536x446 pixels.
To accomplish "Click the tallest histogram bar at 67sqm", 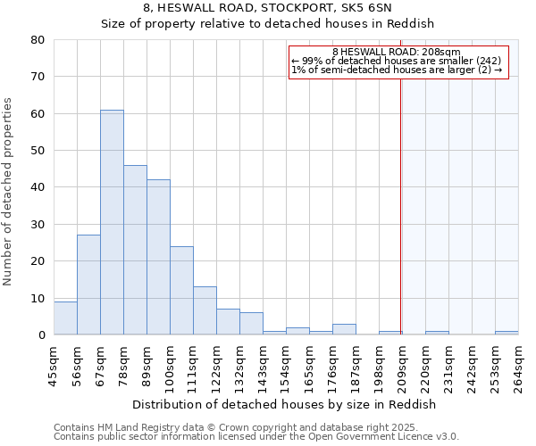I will [x=112, y=222].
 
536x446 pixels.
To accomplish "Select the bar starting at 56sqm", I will [x=88, y=285].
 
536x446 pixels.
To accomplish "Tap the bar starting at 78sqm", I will [x=135, y=250].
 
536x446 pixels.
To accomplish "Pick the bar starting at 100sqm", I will [x=181, y=290].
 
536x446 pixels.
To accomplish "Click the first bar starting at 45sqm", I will [x=65, y=318].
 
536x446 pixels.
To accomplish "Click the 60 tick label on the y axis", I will [x=38, y=114].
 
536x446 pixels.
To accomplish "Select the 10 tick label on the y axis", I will [x=38, y=298].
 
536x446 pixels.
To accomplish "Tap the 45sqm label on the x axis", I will [x=54, y=365].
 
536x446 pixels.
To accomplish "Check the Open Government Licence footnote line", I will [x=256, y=437].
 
